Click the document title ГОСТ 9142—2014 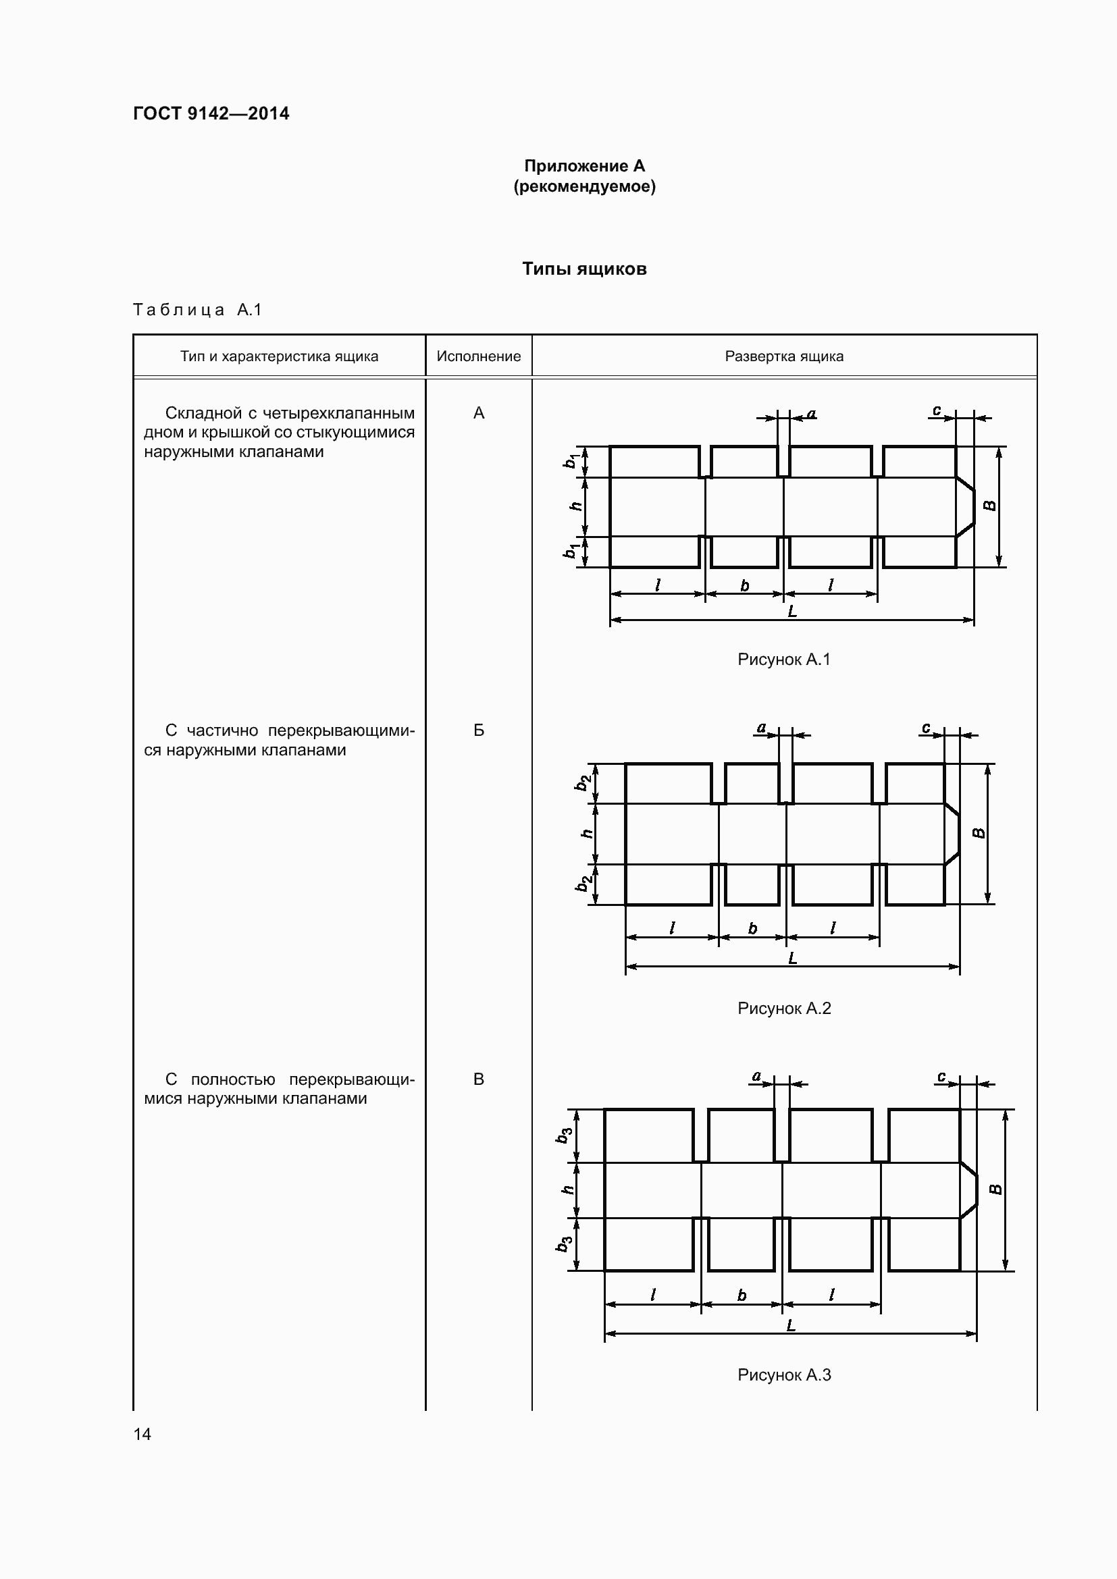point(211,113)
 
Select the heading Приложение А point(584,166)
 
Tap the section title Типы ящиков point(584,269)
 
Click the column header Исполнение point(479,356)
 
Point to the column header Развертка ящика point(784,356)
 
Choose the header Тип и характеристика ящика point(280,356)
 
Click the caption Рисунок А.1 point(784,660)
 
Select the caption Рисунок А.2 point(784,1008)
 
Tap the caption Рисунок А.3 point(784,1374)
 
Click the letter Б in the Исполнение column point(479,730)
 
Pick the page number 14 point(142,1434)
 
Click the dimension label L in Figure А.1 point(792,611)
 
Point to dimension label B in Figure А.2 point(979,834)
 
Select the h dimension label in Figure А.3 point(567,1189)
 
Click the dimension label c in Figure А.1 point(937,410)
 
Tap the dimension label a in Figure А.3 point(756,1076)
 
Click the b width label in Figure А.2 point(752,929)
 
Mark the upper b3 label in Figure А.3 point(564,1135)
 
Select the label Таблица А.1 point(197,310)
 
